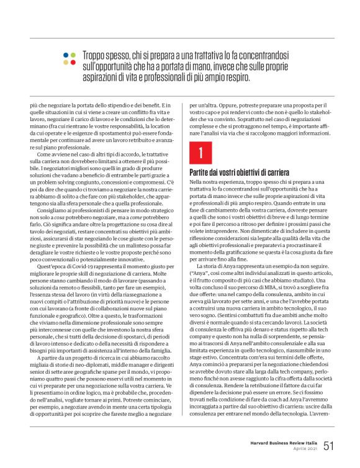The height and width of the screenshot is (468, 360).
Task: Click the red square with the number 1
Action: [200, 152]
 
